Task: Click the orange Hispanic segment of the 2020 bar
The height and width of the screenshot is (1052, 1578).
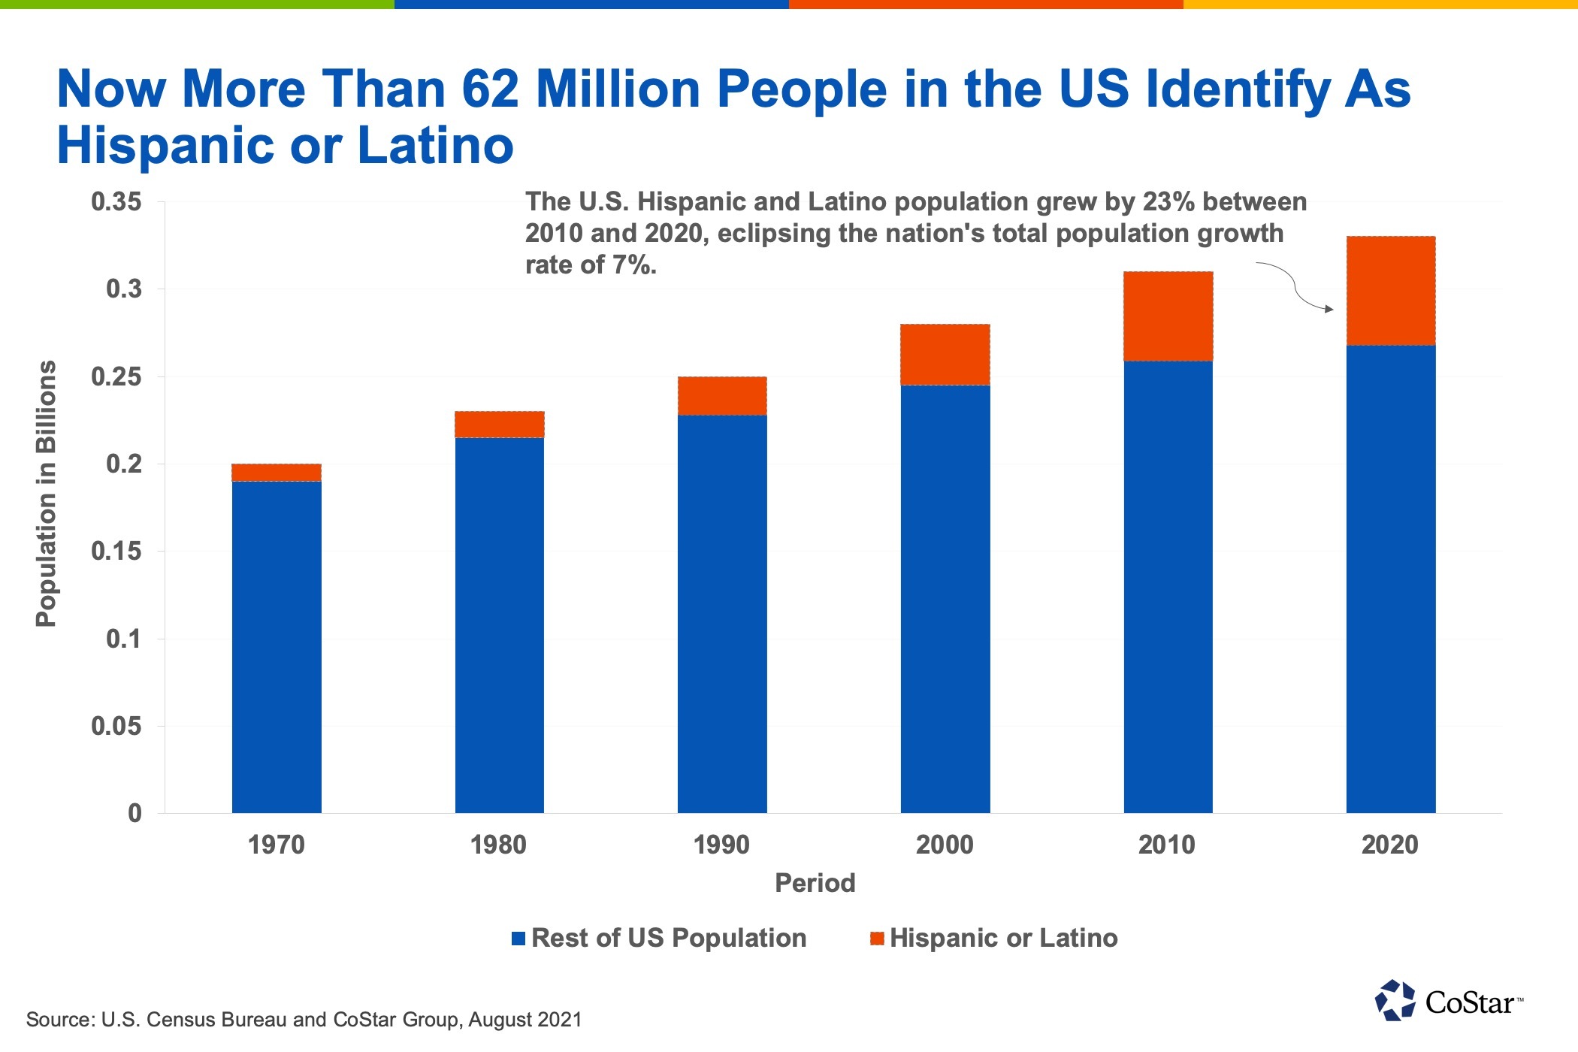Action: coord(1390,291)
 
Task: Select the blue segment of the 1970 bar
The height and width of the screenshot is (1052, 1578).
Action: coord(277,646)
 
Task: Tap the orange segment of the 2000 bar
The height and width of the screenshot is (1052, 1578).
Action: coord(945,355)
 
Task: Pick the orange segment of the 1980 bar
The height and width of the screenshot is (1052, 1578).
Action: coord(499,425)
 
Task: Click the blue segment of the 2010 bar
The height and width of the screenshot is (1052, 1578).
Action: coord(1168,586)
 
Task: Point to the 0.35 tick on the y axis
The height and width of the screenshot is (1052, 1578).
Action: coord(116,202)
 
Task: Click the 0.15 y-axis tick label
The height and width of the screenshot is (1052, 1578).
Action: coord(116,552)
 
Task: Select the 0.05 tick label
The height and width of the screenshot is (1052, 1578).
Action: coord(116,727)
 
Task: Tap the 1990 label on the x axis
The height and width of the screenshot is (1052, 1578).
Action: coord(721,845)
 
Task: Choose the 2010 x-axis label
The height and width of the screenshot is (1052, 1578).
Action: coord(1166,845)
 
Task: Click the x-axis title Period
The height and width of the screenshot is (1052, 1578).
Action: coord(815,883)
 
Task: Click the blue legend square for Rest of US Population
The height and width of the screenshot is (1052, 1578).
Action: coord(518,939)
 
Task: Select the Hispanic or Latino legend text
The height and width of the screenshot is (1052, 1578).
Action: coord(1003,939)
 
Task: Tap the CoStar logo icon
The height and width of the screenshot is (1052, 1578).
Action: coord(1395,1001)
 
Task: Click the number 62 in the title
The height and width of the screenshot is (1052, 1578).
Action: coord(490,89)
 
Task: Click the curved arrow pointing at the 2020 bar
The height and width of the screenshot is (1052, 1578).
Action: coord(1296,289)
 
